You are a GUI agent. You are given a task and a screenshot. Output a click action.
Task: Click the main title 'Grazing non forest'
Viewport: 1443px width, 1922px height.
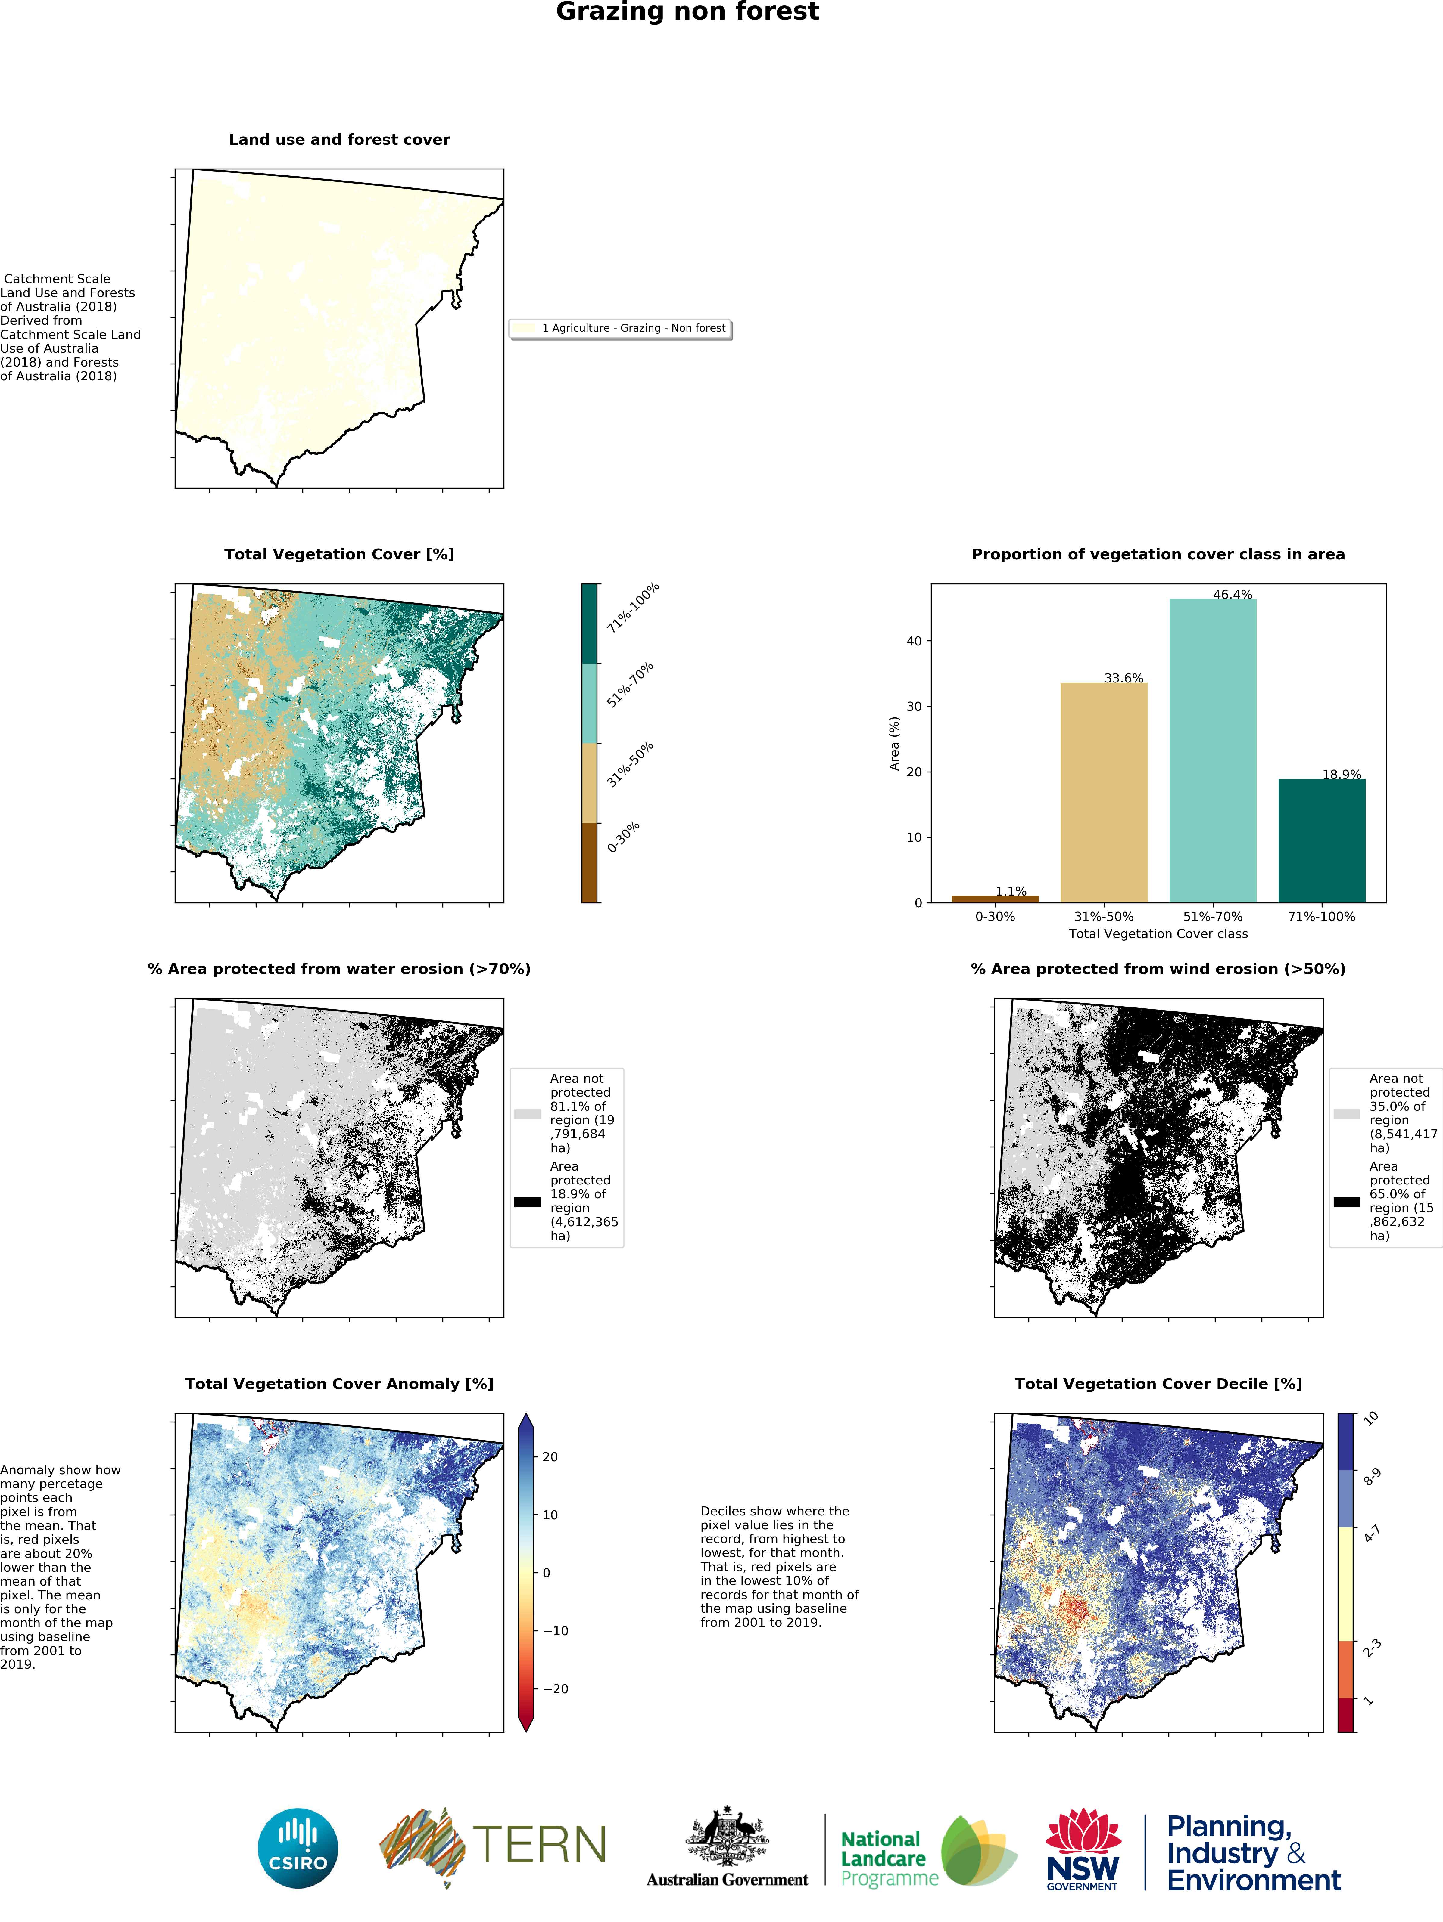(687, 12)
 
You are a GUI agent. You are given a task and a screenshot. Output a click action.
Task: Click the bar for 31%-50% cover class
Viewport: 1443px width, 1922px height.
(1104, 792)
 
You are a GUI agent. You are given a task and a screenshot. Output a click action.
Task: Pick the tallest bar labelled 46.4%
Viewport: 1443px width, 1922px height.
(1213, 751)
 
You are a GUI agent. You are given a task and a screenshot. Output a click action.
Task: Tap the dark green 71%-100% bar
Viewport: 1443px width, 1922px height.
(1321, 841)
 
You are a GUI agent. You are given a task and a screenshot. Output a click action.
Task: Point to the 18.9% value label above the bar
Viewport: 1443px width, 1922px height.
(1341, 774)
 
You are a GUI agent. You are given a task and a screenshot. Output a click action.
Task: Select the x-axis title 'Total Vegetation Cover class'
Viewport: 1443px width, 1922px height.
(1158, 934)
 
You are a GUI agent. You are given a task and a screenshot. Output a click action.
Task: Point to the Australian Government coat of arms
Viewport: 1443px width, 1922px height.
(728, 1836)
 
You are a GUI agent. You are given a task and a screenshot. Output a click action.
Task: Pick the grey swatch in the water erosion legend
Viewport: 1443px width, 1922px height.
(528, 1114)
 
